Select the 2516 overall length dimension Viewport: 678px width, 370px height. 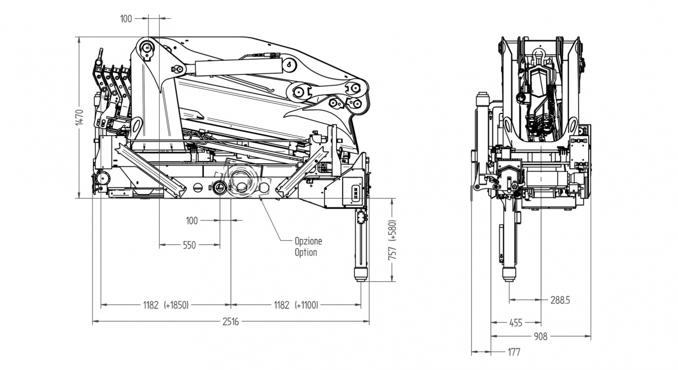coord(231,321)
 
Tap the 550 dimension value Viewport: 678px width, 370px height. coord(189,245)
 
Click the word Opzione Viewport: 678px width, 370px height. coord(309,241)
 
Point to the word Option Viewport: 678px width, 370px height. coord(306,253)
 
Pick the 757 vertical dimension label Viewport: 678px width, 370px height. coord(393,253)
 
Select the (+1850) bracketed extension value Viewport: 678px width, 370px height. coord(177,305)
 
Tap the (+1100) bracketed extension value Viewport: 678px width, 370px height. coord(307,305)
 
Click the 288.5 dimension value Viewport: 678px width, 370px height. coord(560,300)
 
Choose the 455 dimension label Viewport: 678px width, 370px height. coord(516,322)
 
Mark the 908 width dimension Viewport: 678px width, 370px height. coord(540,336)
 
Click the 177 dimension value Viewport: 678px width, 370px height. coord(514,352)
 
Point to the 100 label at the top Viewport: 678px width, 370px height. coord(126,19)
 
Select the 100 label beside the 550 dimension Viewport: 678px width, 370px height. coord(192,220)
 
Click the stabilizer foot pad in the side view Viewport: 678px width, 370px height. coord(360,275)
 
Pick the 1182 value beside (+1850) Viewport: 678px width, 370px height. coord(151,305)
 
